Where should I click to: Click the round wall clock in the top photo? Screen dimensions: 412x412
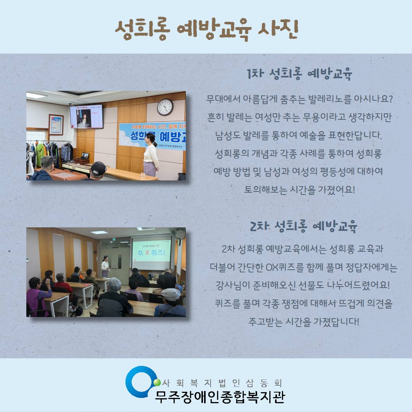coord(165,107)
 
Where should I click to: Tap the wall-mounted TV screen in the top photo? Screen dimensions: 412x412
coord(86,116)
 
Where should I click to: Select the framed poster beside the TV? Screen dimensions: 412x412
coord(56,124)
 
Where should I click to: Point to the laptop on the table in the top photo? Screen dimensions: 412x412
coord(84,156)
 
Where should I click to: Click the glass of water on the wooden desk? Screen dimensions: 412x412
coord(143,175)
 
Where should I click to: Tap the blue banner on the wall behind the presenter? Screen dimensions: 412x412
coord(153,136)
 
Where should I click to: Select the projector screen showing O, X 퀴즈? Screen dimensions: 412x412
coord(151,253)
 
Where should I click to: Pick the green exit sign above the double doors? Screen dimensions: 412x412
coord(113,239)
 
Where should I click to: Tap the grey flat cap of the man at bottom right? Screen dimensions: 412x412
coord(171,294)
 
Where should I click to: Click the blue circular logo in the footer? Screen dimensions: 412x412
coord(140,381)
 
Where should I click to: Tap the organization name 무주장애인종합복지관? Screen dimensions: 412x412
coord(220,397)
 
